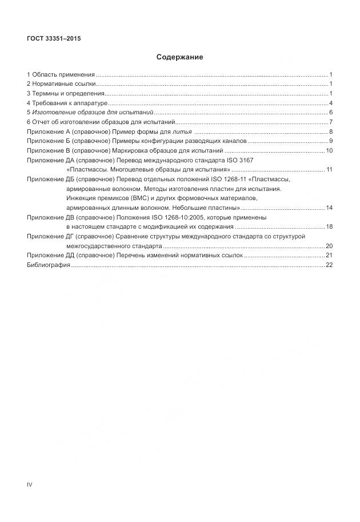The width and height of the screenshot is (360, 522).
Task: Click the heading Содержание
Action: coord(179,57)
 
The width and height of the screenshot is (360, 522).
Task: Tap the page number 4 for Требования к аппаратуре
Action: coord(331,103)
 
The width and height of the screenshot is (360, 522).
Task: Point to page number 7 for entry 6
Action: coord(331,122)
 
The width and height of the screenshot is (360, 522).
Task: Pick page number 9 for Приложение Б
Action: coord(331,141)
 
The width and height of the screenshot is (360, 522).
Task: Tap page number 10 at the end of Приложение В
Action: coord(329,150)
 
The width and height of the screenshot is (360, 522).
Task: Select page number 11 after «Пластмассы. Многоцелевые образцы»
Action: coord(329,170)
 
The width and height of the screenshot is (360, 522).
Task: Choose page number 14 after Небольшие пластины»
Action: coord(329,207)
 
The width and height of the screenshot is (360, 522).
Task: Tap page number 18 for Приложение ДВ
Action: coord(329,227)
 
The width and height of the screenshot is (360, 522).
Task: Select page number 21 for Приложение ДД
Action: coord(329,255)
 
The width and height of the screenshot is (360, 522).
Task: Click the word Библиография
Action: coord(49,265)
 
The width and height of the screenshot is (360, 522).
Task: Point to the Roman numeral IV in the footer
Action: coord(30,485)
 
